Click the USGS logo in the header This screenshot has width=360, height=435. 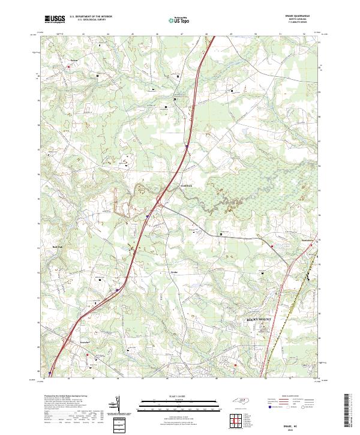(x=55, y=19)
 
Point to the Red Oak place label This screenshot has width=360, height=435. (x=57, y=247)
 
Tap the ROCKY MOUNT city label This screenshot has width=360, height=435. (x=259, y=320)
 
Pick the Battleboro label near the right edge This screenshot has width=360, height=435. (x=308, y=240)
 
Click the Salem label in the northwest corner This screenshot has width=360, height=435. (x=74, y=60)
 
